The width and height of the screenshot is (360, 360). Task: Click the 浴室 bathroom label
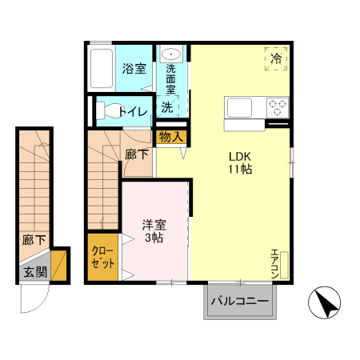pos(134,69)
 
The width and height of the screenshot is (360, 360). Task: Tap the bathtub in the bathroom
pos(102,69)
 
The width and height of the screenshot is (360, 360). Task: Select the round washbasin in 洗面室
pos(171,54)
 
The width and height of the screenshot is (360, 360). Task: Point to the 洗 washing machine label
pos(167,106)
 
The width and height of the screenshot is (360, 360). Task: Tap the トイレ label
pos(134,111)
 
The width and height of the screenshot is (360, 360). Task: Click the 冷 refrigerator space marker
pos(276,58)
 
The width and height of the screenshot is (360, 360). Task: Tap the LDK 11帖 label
pos(241,162)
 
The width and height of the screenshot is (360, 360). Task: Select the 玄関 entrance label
pos(34,271)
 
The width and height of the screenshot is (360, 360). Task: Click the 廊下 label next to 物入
pos(136,154)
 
